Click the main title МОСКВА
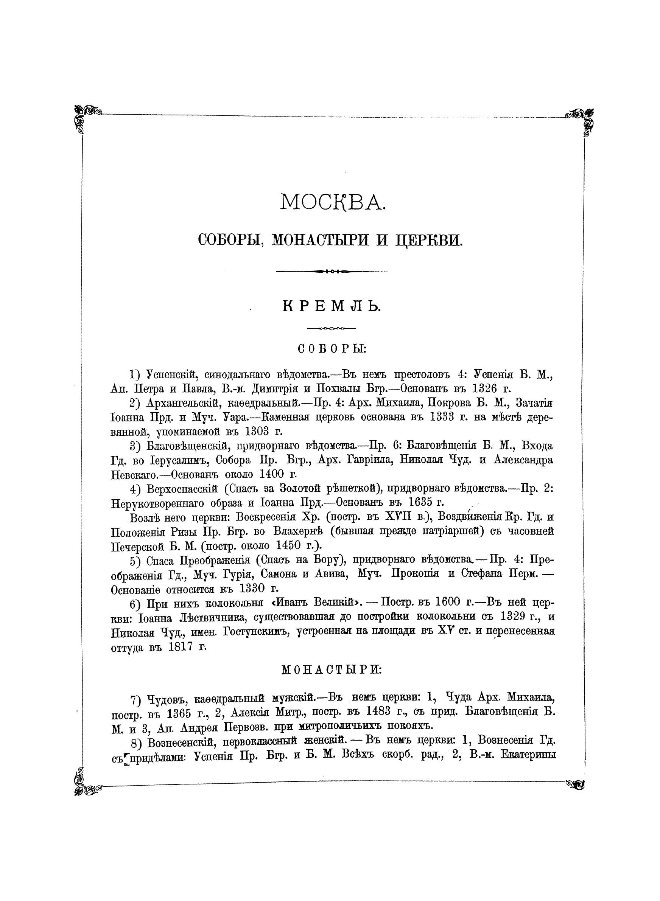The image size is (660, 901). coord(332,202)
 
